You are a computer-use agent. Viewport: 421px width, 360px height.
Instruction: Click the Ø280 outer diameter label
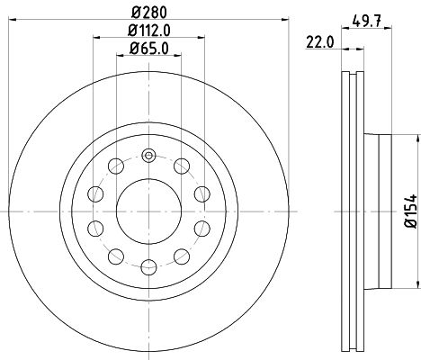tap(147, 13)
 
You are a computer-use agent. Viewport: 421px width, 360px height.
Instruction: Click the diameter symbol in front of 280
tap(130, 13)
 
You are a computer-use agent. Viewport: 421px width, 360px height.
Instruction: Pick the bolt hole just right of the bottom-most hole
tap(182, 256)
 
